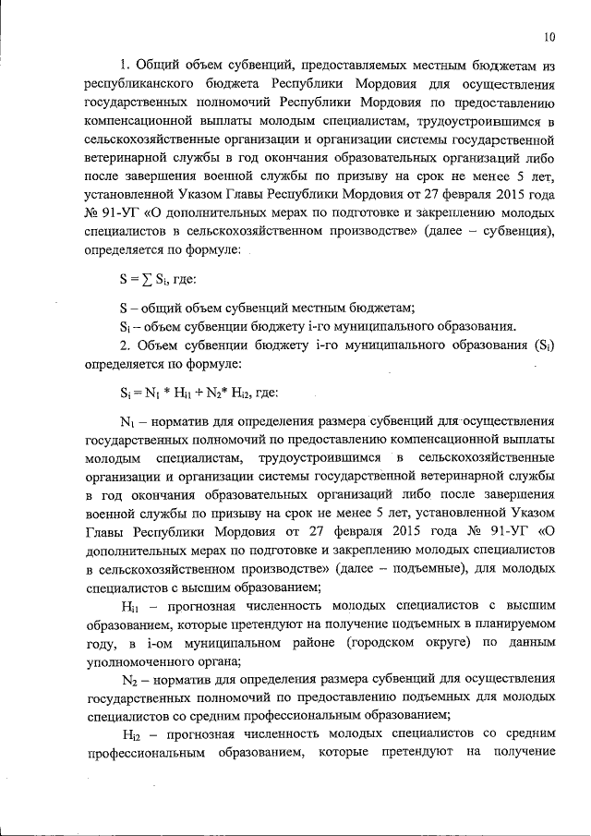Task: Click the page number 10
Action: coord(549,38)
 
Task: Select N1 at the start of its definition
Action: coord(128,422)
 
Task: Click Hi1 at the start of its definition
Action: coord(129,606)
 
